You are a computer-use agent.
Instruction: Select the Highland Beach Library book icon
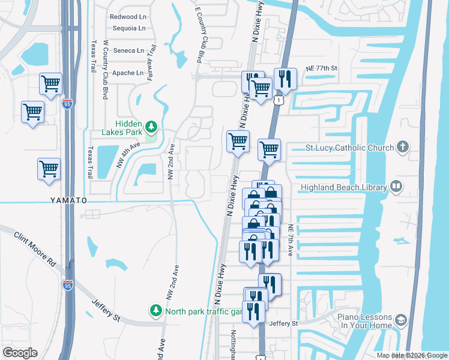pos(396,187)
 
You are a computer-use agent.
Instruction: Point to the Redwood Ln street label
pos(128,17)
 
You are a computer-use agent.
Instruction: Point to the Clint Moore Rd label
pos(35,247)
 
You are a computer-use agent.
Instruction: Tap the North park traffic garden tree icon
pos(156,310)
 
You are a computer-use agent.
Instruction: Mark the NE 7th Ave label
pos(291,240)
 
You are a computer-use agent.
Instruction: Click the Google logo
pos(20,353)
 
